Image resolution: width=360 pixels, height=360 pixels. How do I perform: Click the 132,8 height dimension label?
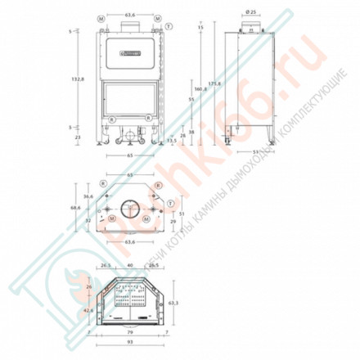click(75, 79)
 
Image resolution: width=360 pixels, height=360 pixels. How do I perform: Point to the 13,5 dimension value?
click(171, 139)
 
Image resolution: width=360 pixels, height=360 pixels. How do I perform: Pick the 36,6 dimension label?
click(88, 196)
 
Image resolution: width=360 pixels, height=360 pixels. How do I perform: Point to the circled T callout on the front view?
click(168, 26)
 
